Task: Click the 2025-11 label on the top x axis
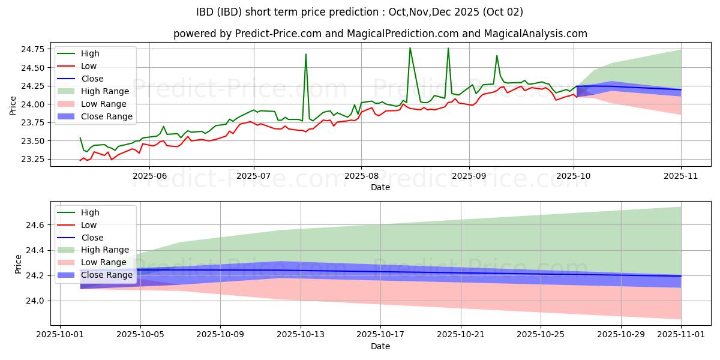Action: [681, 176]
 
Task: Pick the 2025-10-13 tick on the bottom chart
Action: [301, 335]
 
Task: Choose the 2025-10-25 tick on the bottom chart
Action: [541, 335]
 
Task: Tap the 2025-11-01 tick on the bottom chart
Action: [681, 335]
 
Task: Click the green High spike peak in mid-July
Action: [306, 55]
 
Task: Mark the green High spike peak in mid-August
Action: [410, 48]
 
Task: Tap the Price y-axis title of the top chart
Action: [13, 106]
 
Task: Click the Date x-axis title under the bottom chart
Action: [380, 346]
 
